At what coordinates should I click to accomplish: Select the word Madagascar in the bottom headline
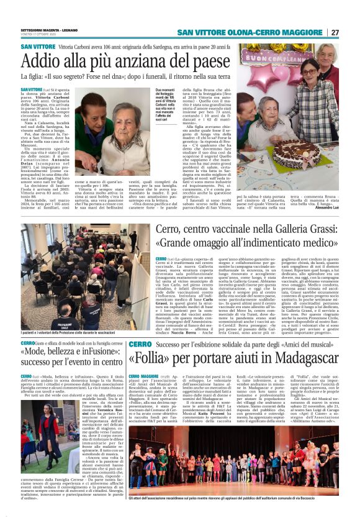tap(300, 359)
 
